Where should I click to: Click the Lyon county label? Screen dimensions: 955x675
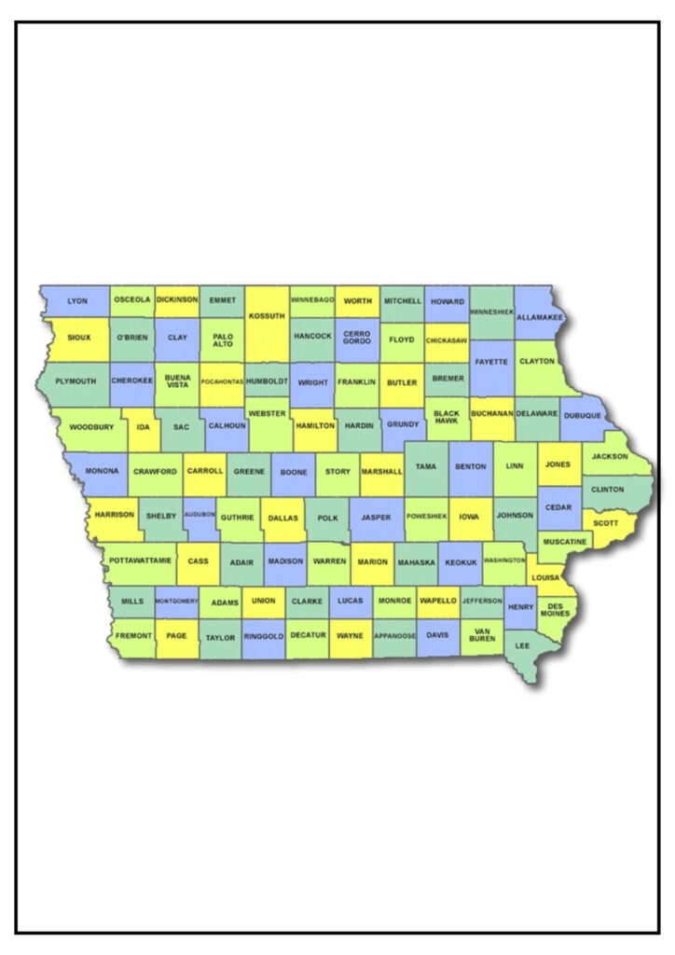pos(77,301)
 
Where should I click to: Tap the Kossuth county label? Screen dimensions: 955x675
pos(267,316)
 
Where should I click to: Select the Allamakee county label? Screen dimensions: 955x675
pos(540,318)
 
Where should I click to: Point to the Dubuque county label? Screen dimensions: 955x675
pos(584,415)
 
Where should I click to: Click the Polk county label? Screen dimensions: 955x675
pos(327,517)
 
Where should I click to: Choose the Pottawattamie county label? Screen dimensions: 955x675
pos(141,561)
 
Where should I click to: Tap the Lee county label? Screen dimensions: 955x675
pos(522,644)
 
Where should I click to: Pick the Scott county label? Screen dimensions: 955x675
pos(605,523)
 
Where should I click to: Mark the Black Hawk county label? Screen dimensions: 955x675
pos(447,417)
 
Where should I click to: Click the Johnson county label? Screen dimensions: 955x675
pos(515,515)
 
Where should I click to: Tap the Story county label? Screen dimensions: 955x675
pos(338,472)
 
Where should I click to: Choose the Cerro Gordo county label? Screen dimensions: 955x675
pos(357,337)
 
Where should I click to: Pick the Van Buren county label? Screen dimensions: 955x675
pos(482,636)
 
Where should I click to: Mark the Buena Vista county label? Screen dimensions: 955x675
pos(177,381)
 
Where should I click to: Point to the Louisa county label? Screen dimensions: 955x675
pos(544,577)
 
